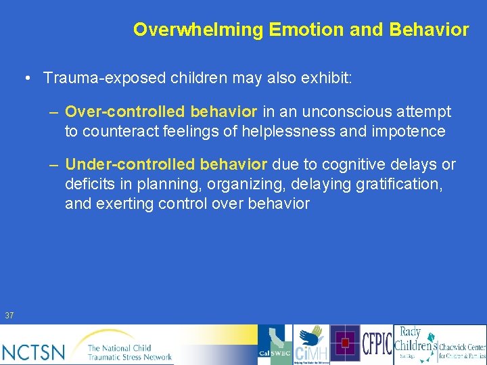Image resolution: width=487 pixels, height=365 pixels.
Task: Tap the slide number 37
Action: click(9, 315)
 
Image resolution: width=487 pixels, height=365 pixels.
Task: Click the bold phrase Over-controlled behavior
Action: click(161, 112)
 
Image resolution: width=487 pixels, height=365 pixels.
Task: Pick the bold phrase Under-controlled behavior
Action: click(166, 164)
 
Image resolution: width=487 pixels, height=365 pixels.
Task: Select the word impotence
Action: click(409, 130)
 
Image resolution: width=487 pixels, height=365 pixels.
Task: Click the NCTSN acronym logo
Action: click(34, 351)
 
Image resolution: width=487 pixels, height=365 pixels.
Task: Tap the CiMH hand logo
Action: click(311, 345)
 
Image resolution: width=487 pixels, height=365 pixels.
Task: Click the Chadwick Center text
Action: click(462, 350)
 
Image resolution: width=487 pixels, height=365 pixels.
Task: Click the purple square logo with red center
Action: click(345, 343)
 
